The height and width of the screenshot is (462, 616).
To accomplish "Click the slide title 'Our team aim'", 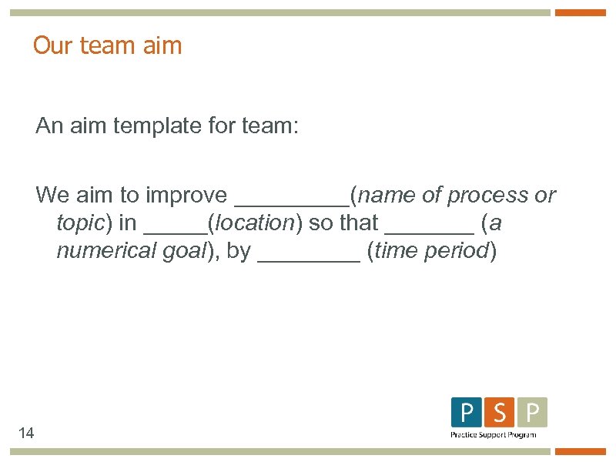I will coord(107,45).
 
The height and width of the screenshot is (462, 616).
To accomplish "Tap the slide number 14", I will coord(26,434).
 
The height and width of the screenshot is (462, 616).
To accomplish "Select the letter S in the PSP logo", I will coord(500,413).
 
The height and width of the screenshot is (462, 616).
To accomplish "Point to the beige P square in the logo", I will coord(532,413).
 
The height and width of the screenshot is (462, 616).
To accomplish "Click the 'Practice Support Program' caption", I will coord(493,435).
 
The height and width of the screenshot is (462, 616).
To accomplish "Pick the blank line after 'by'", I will coord(308,259).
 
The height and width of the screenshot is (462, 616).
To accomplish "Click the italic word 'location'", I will coord(254,223).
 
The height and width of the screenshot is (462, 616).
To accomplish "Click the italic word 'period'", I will coord(458,252).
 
